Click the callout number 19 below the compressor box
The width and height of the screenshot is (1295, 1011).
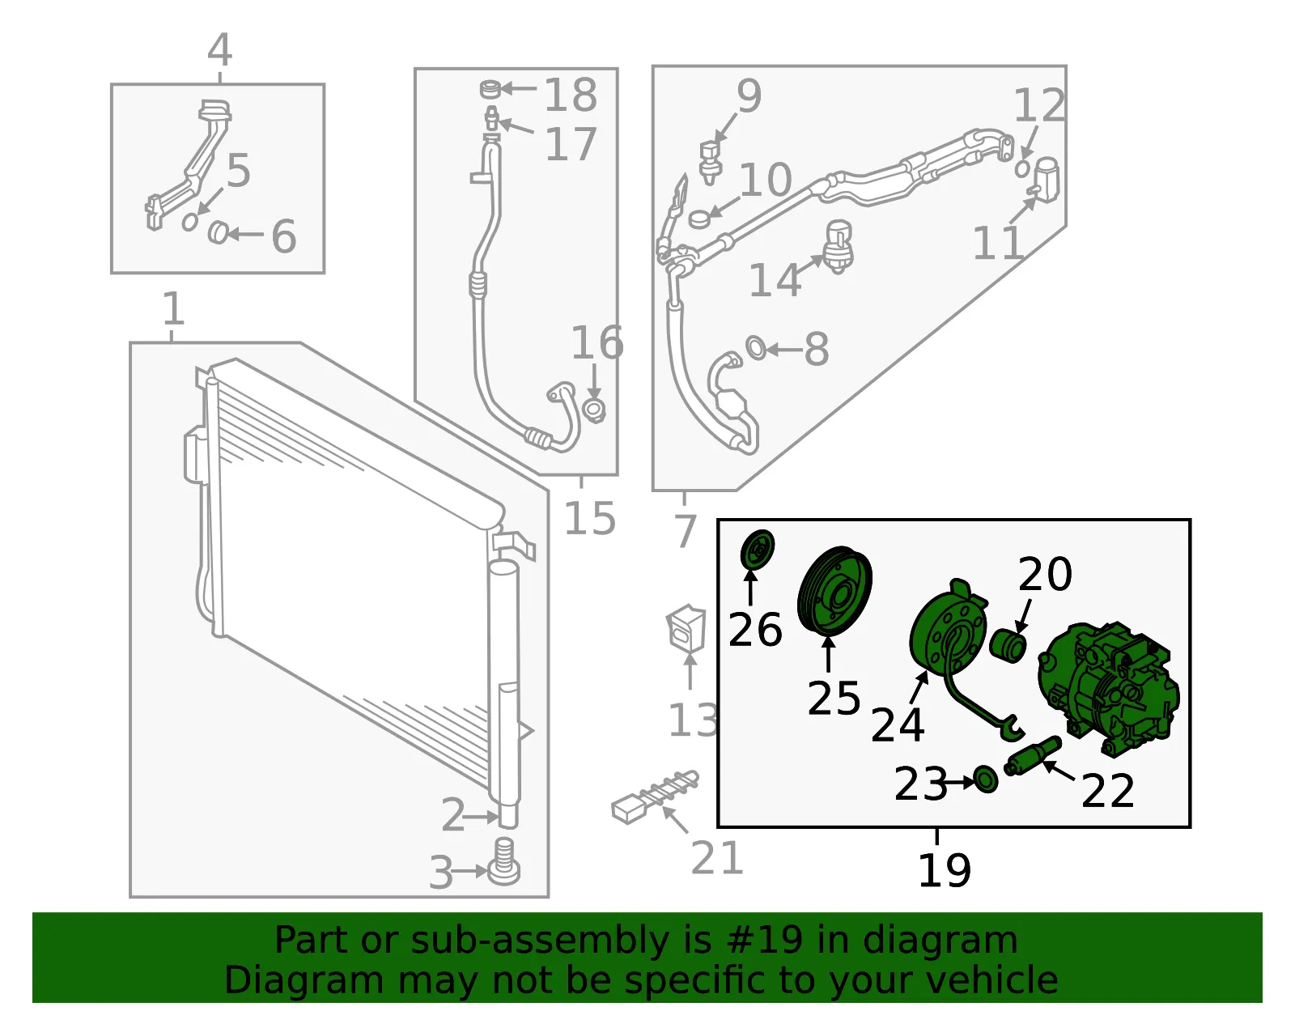(945, 870)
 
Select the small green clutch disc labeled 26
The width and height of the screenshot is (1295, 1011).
(758, 550)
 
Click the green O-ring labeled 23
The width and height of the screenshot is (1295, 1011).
(987, 779)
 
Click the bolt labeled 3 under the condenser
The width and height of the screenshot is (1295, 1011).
(504, 862)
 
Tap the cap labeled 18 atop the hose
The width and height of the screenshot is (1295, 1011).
(490, 89)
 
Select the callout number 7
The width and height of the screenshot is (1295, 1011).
(685, 530)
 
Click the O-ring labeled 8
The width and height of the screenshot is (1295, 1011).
(756, 349)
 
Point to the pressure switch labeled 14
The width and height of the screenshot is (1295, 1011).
(839, 247)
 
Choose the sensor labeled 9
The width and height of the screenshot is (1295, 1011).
(711, 163)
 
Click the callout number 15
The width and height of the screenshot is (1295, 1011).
(589, 518)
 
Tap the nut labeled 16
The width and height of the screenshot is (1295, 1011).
(594, 410)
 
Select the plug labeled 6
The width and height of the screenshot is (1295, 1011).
(218, 232)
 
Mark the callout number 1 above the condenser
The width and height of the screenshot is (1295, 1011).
(173, 308)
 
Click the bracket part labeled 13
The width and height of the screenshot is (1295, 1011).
(686, 629)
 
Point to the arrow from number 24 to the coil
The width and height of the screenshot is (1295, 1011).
(919, 687)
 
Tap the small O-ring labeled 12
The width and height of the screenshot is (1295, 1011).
(1022, 168)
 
